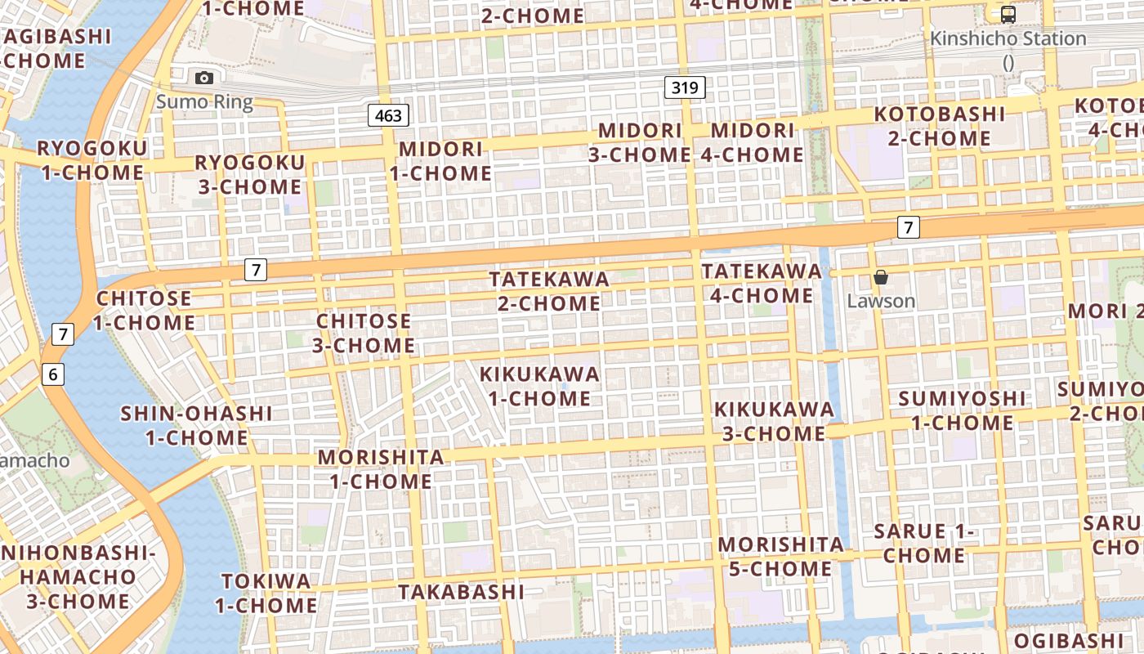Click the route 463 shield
coord(388,115)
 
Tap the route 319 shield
coord(685,87)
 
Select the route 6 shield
coord(53,374)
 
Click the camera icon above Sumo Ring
coord(204,78)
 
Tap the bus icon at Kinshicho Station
coord(1008,14)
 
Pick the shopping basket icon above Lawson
coord(880,278)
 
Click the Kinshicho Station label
coord(1008,38)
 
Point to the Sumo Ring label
coord(204,102)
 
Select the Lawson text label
coord(881,301)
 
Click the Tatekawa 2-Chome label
coord(549,291)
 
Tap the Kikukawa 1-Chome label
coord(539,386)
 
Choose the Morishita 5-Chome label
coord(780,556)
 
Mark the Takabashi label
coord(461,591)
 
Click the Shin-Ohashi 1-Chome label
coord(196,425)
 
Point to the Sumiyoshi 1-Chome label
coord(962,410)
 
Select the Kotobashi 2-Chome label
coord(939,126)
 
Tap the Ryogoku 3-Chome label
coord(249,174)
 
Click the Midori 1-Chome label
coord(440,161)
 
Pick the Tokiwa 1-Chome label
coord(266,594)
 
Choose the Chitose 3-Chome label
coord(364,333)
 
